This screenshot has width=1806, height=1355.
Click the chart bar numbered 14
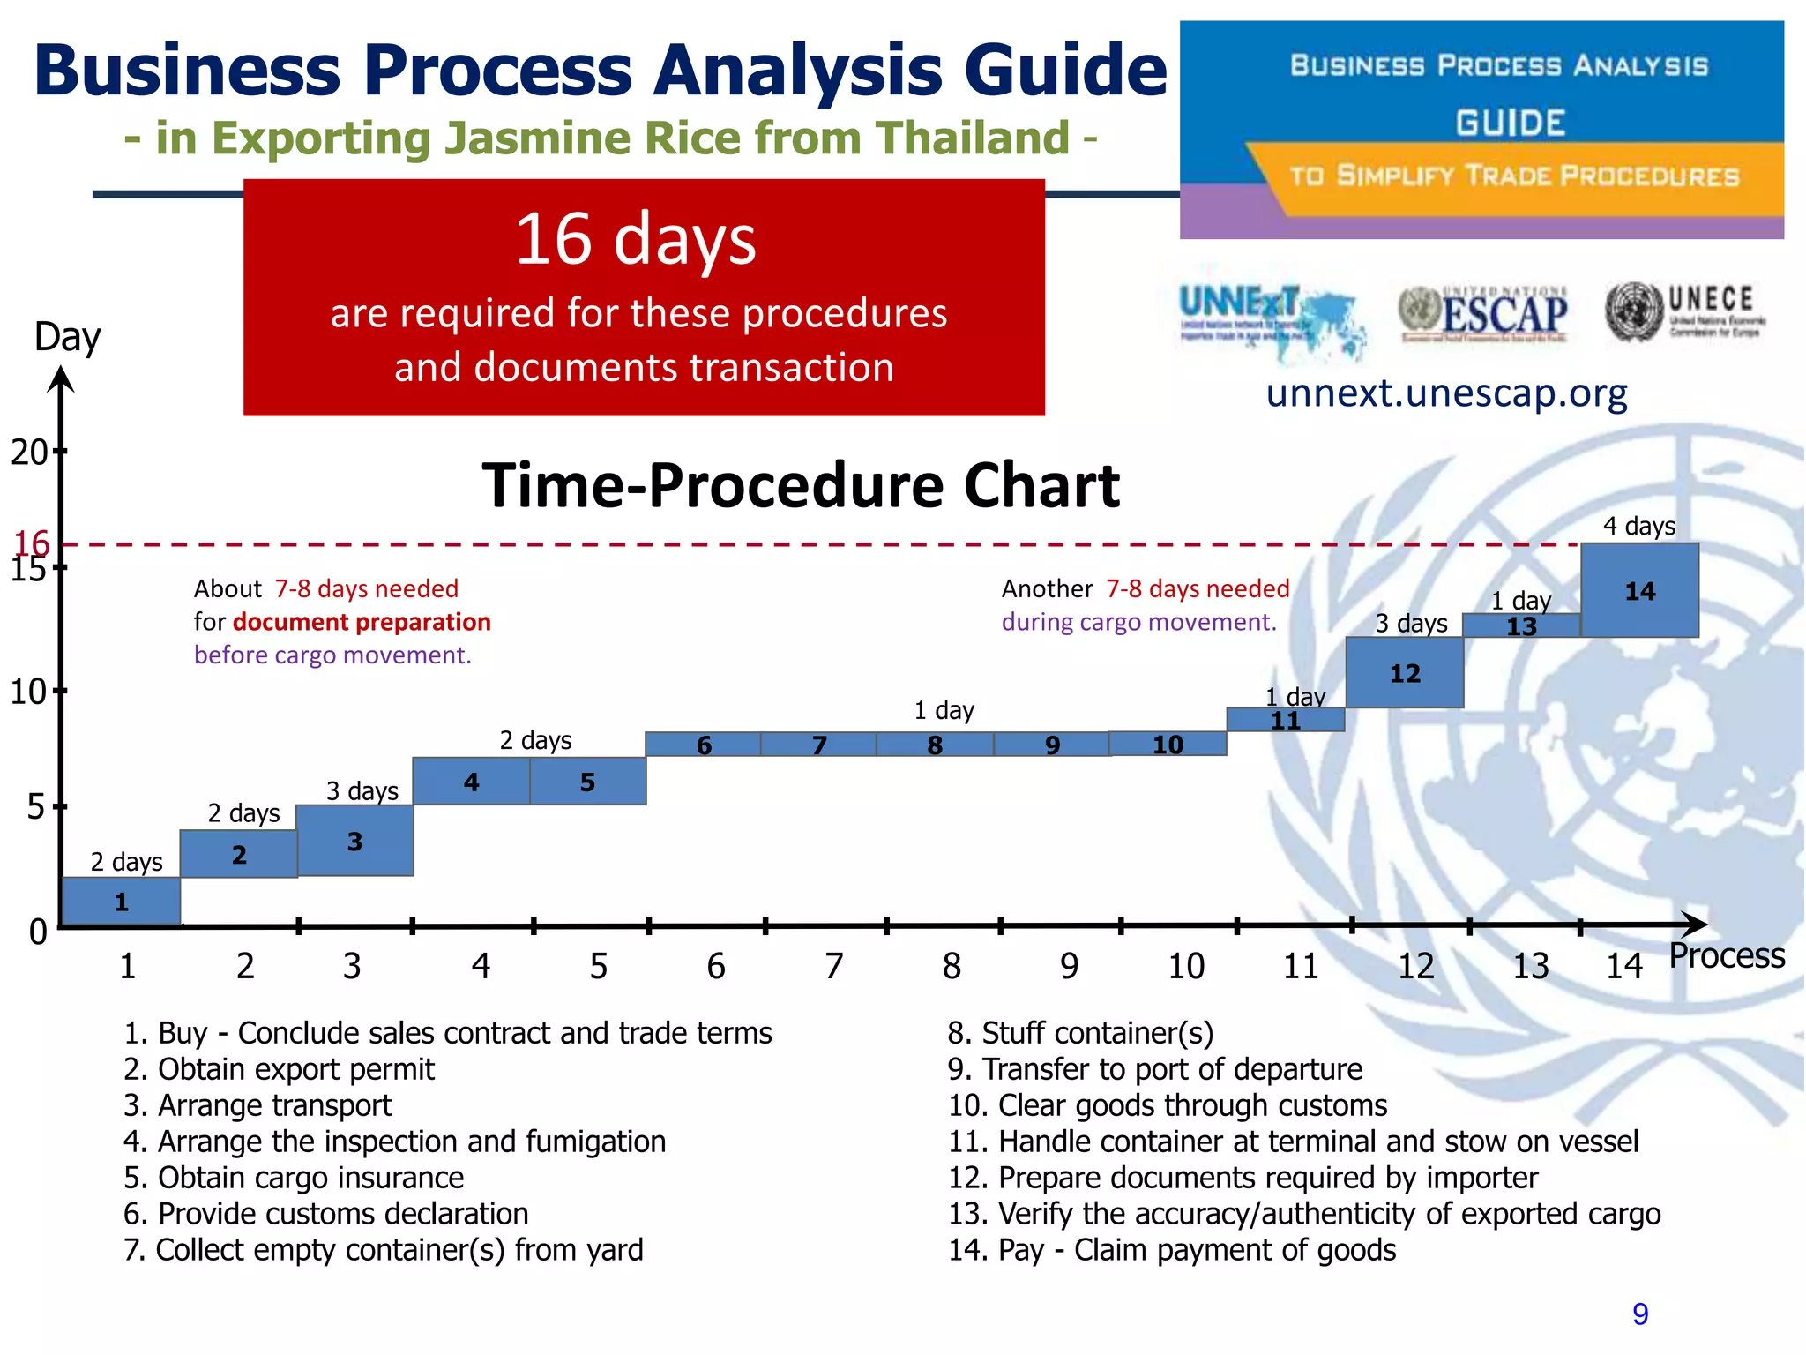1639,590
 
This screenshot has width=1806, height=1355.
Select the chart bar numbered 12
1405,672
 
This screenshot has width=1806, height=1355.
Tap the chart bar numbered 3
354,841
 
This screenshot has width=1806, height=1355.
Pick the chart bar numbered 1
122,901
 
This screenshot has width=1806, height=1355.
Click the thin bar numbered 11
1285,720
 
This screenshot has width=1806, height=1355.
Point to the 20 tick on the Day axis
32,452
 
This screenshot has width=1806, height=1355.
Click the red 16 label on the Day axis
32,542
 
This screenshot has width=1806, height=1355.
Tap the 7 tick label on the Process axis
833,966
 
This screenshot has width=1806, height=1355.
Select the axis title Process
1727,955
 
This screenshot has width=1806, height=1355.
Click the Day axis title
67,337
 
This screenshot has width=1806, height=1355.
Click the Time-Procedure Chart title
801,485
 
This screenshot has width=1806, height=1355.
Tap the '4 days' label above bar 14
1638,526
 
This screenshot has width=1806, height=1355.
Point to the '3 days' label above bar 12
1411,623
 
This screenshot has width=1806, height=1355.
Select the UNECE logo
1686,311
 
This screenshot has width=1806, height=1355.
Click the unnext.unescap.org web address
1446,393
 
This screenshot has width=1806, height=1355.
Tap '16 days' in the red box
635,239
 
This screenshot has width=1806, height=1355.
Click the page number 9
1640,1314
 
